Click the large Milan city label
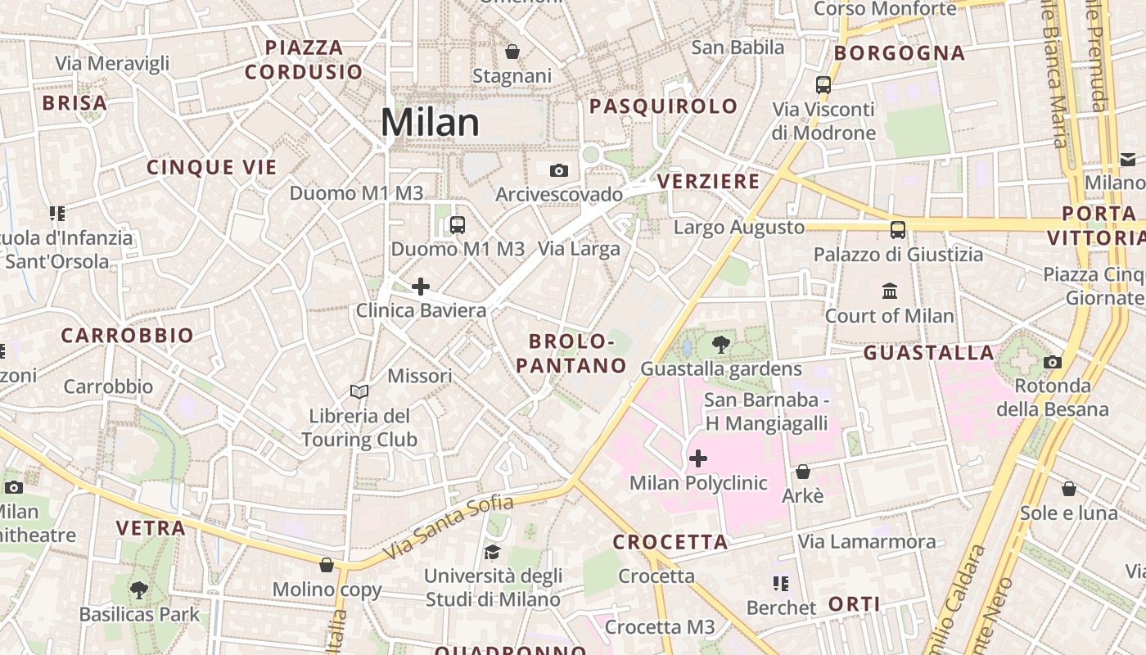[430, 122]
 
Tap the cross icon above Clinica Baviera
[421, 287]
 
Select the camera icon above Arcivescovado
[559, 170]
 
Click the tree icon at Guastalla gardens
[721, 345]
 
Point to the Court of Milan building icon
[890, 291]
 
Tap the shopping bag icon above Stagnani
[512, 52]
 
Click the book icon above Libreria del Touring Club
[359, 391]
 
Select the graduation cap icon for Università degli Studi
[492, 552]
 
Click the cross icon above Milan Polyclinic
[698, 458]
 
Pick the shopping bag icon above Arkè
[803, 472]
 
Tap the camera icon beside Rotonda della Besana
[1053, 362]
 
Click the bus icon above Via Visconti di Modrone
[823, 84]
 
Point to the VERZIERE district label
[709, 182]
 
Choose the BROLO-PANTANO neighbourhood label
[571, 354]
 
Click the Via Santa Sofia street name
[448, 528]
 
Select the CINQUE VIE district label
[212, 168]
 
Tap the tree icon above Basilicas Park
[139, 589]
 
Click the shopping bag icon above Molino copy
[327, 565]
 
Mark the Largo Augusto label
[739, 227]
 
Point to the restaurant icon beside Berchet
[781, 584]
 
